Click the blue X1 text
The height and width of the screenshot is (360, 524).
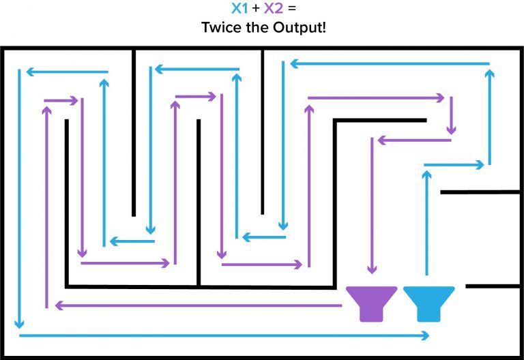(x=239, y=8)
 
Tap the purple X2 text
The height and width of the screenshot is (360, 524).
(x=274, y=8)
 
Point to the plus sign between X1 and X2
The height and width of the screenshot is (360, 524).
(x=256, y=8)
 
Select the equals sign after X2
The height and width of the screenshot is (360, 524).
(x=292, y=8)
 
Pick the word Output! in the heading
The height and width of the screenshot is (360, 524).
(x=300, y=28)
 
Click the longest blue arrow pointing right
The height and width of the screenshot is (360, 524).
(x=224, y=335)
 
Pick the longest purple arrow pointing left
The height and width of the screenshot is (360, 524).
(x=198, y=305)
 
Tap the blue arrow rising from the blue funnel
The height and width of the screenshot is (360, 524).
(x=426, y=223)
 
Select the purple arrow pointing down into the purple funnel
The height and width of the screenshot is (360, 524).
(x=372, y=206)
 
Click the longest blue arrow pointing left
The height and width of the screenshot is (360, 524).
(x=390, y=63)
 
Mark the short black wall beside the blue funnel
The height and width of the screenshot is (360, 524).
(x=493, y=286)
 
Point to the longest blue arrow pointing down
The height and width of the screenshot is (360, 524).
(x=19, y=198)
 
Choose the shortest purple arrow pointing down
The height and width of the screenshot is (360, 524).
(x=451, y=115)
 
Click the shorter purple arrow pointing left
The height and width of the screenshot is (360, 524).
(x=414, y=140)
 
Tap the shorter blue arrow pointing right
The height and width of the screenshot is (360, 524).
(x=454, y=164)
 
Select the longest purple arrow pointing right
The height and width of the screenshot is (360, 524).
(x=376, y=98)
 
